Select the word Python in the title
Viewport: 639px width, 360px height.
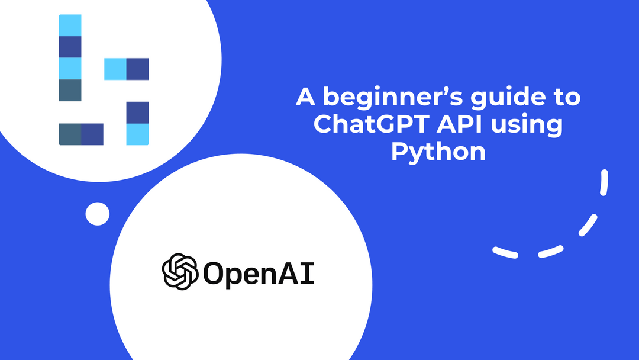point(438,152)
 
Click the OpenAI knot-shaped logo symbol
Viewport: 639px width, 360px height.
point(180,272)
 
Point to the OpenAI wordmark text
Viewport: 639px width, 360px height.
point(259,273)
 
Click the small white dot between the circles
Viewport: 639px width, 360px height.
point(98,214)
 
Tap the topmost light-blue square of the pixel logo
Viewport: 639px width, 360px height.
point(70,25)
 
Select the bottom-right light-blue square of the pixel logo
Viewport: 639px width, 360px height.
point(137,134)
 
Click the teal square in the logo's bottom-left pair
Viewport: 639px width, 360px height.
point(70,134)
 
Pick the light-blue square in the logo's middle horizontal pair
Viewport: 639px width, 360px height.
point(115,69)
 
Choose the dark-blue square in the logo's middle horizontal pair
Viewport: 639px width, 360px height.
point(137,69)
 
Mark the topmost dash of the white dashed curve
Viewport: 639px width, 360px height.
point(604,182)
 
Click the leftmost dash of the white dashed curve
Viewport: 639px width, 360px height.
point(505,252)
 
